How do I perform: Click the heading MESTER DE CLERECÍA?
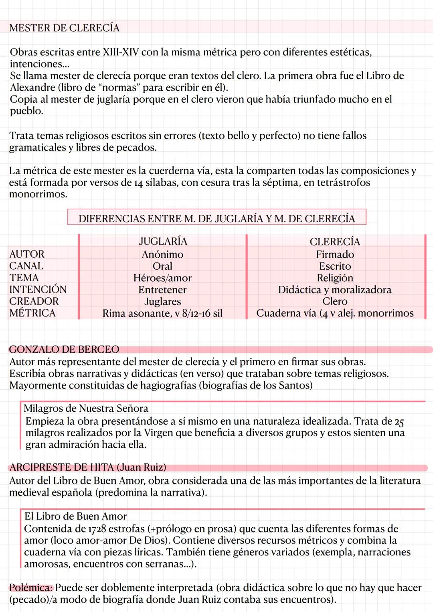tap(64, 28)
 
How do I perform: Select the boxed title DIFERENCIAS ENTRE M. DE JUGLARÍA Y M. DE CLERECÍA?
tap(216, 218)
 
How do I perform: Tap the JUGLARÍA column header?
tap(162, 241)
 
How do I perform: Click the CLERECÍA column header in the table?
tap(335, 242)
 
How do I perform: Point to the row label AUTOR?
tap(27, 254)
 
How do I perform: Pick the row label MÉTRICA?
tap(32, 313)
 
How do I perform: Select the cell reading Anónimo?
tap(162, 254)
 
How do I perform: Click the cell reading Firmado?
tap(335, 254)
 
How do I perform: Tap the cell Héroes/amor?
tap(162, 278)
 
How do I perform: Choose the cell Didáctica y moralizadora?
tap(335, 290)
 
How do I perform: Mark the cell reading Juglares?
tap(162, 301)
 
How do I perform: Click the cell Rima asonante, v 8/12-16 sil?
tap(162, 313)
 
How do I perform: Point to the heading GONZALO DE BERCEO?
tap(64, 350)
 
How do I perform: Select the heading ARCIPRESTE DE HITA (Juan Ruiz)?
tap(87, 468)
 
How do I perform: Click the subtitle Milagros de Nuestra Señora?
tap(86, 409)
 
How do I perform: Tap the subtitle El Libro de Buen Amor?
tap(75, 516)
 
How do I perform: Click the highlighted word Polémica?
tap(31, 588)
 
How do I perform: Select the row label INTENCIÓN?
tap(38, 289)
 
